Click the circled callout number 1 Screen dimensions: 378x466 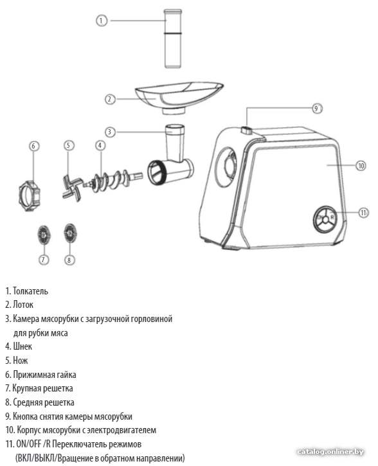[102, 21]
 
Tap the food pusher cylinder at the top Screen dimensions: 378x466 [173, 39]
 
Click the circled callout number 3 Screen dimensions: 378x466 [110, 132]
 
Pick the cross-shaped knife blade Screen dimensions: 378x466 [72, 188]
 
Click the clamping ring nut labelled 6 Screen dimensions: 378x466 [29, 195]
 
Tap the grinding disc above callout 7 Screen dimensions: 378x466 [44, 235]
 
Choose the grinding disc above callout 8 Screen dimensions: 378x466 [70, 233]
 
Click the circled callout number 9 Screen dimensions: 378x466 [316, 109]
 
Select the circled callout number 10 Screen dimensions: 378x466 [361, 165]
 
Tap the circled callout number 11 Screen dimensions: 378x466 [363, 213]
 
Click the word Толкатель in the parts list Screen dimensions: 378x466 [30, 291]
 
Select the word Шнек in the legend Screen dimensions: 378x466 [22, 346]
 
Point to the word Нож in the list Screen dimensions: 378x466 [21, 361]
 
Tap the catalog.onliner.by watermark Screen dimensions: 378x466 [330, 452]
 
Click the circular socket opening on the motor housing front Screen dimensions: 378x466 [226, 167]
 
